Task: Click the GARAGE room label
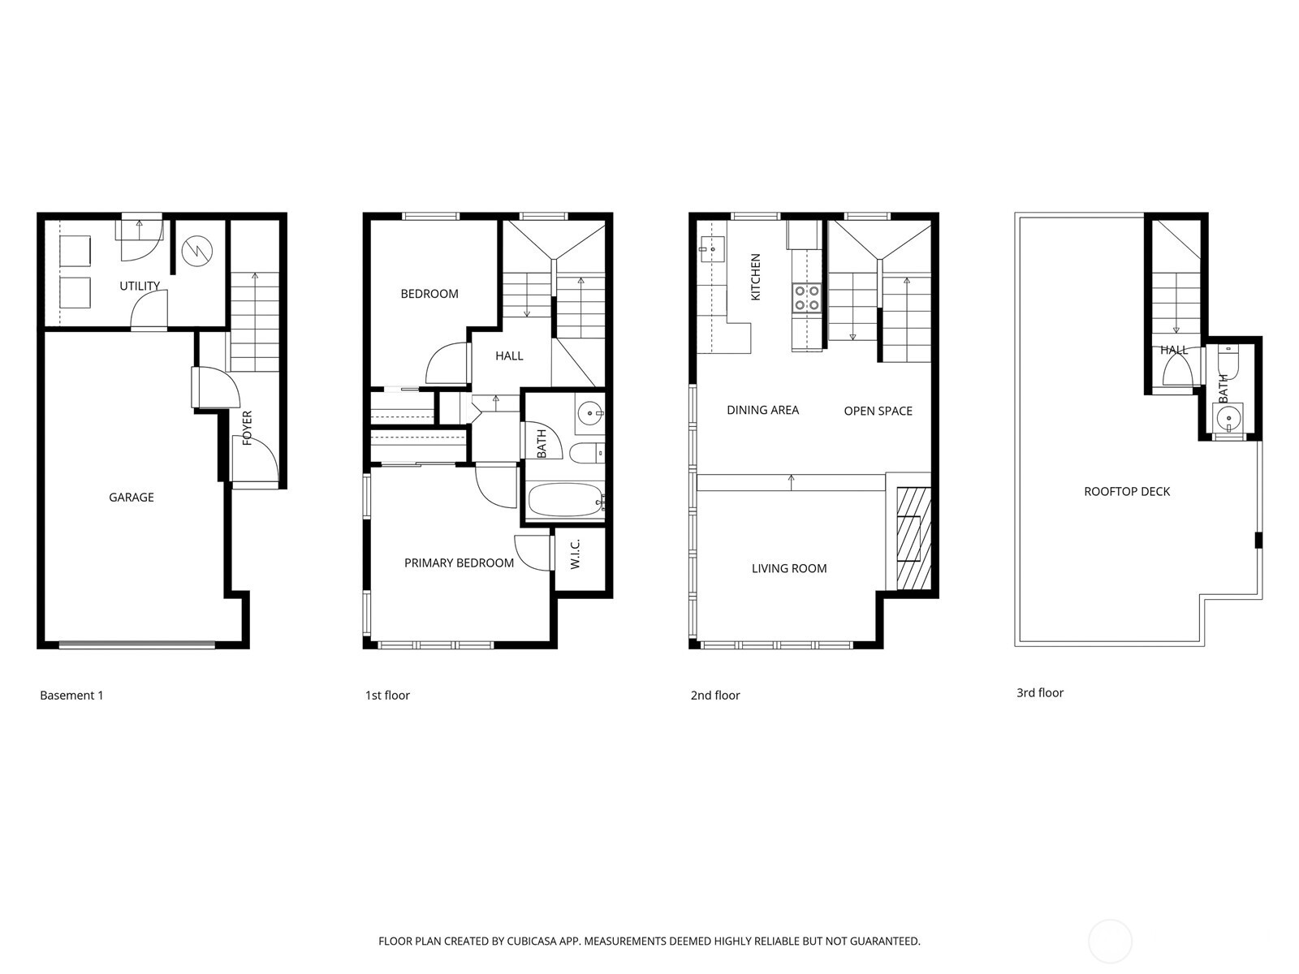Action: coord(132,498)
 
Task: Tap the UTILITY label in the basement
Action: coord(140,286)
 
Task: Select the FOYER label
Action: coord(248,428)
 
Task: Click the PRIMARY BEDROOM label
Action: coord(459,563)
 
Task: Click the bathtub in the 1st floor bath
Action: coord(566,500)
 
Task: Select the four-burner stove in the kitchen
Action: coord(807,298)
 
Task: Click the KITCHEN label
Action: coord(756,278)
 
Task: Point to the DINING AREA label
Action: coord(762,411)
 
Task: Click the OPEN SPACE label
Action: coord(878,412)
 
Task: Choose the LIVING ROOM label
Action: coord(789,569)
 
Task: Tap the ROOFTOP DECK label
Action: coord(1127,492)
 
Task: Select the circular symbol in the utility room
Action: coord(196,251)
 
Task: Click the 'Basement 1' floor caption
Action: coord(71,696)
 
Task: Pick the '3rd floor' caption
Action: coord(1040,693)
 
